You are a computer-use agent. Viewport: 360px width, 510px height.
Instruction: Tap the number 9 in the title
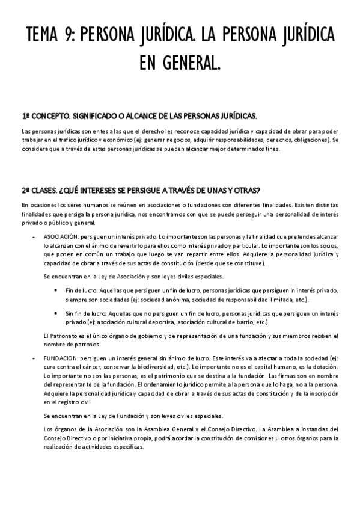pyautogui.click(x=75, y=36)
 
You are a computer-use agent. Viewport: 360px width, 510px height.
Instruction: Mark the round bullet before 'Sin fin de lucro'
pyautogui.click(x=56, y=314)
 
